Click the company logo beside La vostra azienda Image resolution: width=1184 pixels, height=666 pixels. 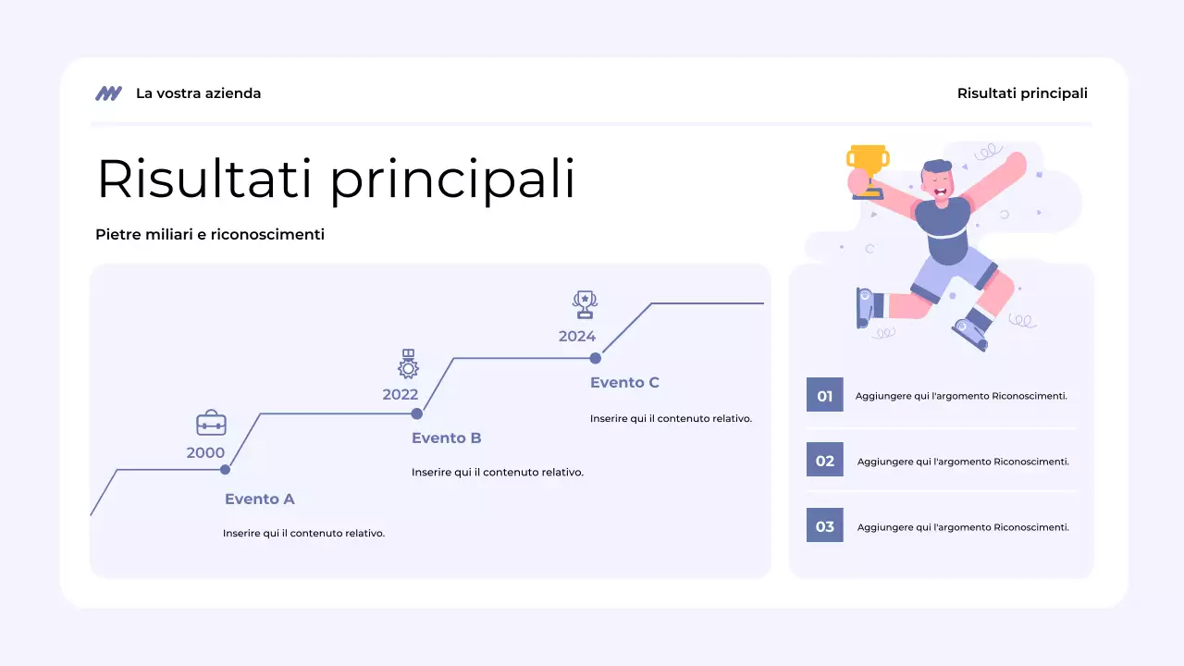(x=108, y=93)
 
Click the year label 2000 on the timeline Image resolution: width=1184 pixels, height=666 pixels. (x=205, y=452)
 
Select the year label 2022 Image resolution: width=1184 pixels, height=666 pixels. (x=401, y=394)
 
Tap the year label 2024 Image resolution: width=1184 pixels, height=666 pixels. (x=577, y=336)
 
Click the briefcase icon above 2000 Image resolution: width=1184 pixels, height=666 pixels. (x=211, y=423)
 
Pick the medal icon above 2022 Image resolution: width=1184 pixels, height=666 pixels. (x=408, y=364)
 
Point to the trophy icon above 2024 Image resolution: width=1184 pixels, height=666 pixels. (x=585, y=304)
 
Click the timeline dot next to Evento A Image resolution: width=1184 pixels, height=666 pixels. (x=225, y=470)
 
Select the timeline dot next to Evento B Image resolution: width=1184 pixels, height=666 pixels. (x=417, y=413)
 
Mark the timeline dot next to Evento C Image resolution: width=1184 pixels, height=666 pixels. (x=596, y=358)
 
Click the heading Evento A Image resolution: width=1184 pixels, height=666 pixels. (x=260, y=499)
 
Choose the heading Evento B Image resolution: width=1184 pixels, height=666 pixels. (x=447, y=438)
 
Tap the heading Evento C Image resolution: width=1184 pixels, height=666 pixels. (x=625, y=383)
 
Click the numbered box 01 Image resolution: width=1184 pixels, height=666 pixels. (x=825, y=395)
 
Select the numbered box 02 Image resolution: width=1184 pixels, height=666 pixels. (x=825, y=461)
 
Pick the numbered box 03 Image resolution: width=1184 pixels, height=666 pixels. (x=825, y=526)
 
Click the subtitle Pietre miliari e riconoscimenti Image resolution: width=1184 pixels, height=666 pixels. (x=210, y=235)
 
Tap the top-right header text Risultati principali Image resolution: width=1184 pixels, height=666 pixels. (x=1022, y=93)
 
